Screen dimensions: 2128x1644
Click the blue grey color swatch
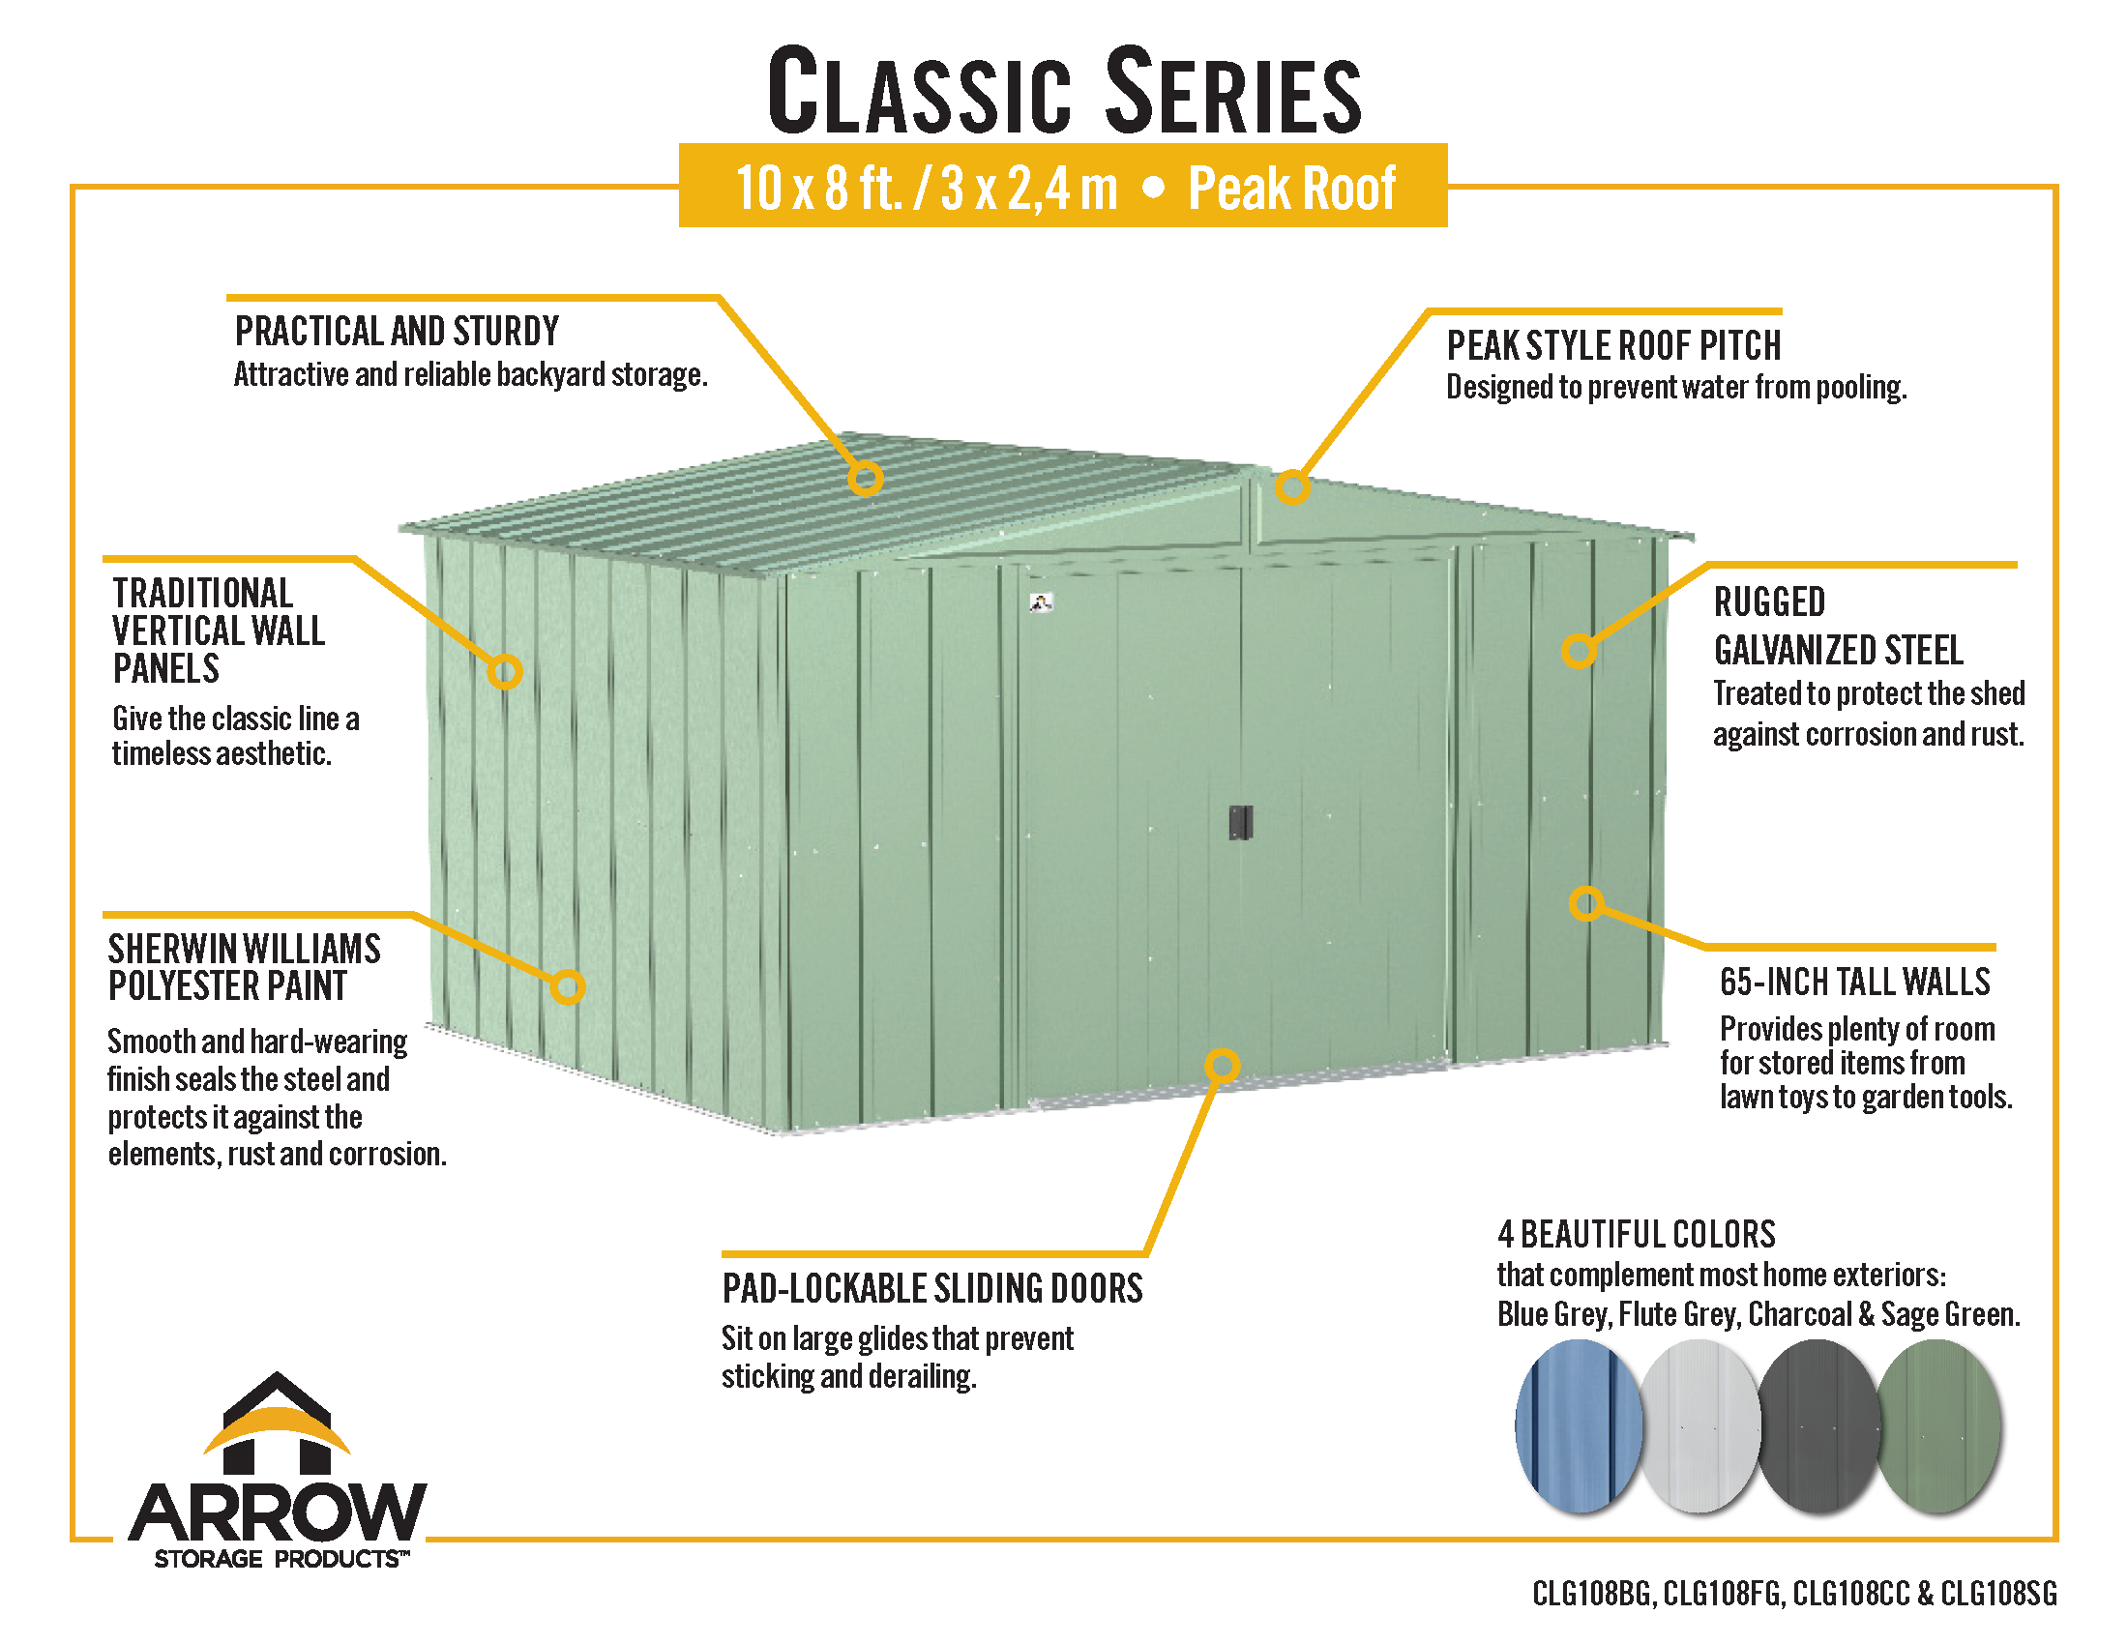1578,1425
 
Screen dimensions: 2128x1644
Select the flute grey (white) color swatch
1700,1425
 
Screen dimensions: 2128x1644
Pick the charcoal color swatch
1819,1425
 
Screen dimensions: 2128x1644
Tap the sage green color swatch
1939,1425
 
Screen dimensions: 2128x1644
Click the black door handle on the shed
1239,822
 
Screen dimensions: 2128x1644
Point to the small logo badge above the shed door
1041,602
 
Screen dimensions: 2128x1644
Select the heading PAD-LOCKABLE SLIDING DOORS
932,1288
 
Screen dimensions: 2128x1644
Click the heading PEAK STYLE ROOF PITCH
1613,346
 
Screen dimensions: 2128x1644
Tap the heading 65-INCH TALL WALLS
1855,982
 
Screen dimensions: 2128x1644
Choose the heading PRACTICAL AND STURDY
398,331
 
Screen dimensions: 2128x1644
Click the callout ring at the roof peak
1292,487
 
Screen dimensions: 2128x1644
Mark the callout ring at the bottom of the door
1222,1066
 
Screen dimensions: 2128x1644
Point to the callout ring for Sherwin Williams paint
567,986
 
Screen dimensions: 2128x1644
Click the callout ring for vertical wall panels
505,671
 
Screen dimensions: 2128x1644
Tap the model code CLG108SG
1998,1594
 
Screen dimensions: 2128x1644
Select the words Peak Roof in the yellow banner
1292,188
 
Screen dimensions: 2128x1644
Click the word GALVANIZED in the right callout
1838,650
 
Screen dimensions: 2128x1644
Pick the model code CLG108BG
1592,1594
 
